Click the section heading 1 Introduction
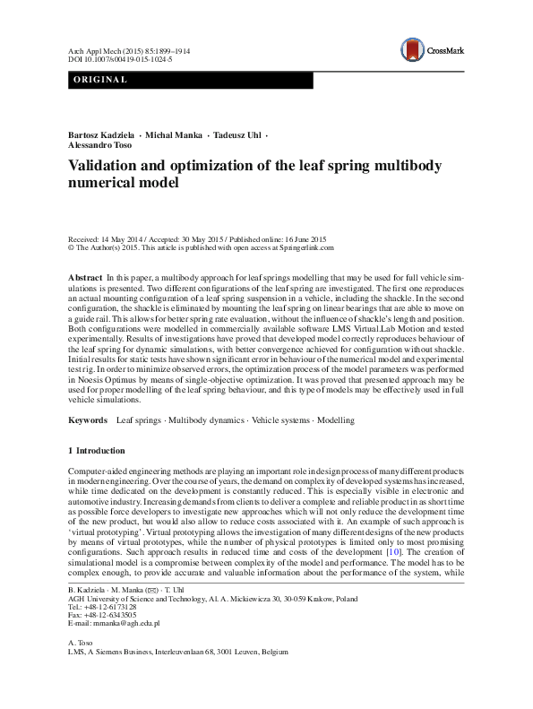[x=97, y=450]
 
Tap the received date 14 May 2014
[x=121, y=240]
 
